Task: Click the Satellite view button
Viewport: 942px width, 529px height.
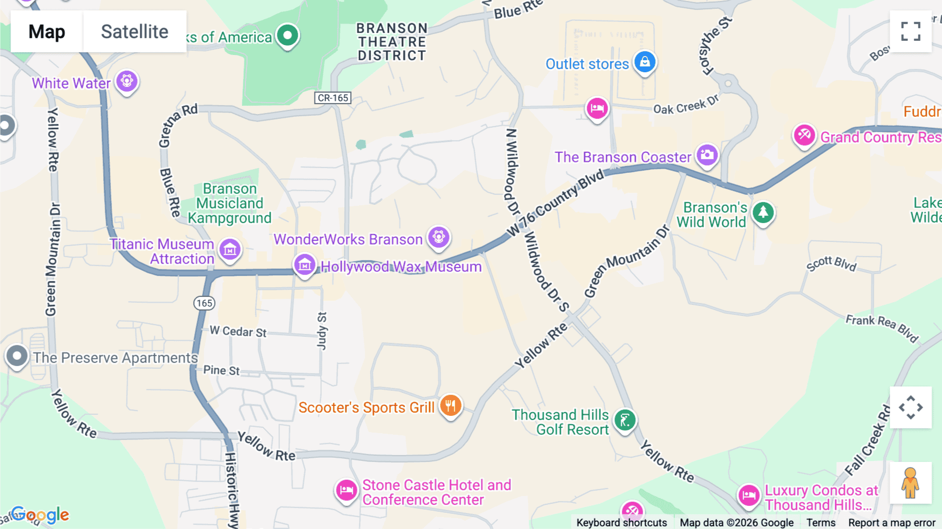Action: click(134, 31)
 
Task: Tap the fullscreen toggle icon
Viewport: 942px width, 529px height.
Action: click(911, 31)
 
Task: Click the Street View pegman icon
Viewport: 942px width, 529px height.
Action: click(911, 483)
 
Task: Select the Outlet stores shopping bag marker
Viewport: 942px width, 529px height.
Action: click(645, 62)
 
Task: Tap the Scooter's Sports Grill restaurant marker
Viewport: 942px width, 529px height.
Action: click(451, 405)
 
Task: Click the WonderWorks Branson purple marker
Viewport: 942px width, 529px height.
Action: click(439, 237)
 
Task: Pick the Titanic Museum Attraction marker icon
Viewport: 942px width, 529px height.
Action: click(230, 250)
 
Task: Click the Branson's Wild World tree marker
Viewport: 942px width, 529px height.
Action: click(763, 213)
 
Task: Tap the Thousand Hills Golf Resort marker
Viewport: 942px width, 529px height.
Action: click(625, 420)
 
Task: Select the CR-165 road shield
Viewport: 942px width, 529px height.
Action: click(333, 98)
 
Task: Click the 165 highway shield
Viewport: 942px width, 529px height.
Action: click(204, 303)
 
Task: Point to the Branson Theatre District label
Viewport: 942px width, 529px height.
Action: click(392, 42)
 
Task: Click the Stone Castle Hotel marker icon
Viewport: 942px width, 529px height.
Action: click(346, 491)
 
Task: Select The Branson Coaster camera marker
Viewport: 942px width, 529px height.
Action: click(707, 155)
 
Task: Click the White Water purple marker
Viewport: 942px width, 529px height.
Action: click(127, 81)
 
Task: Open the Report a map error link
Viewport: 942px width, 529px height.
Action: click(892, 523)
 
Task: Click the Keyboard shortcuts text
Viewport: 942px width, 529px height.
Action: click(621, 523)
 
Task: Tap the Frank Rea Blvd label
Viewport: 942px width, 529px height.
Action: click(882, 328)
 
